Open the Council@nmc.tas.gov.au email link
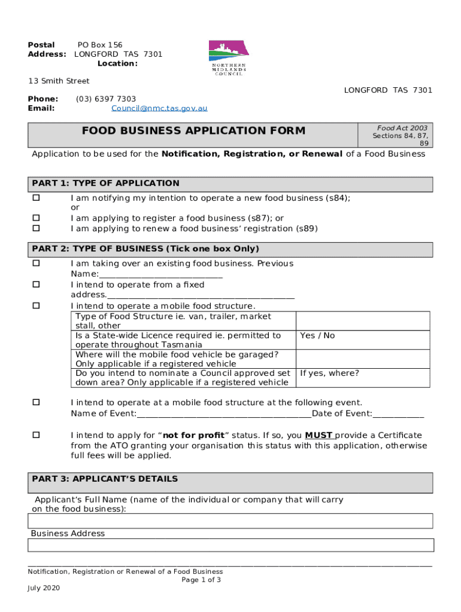pyautogui.click(x=159, y=108)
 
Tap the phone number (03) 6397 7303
pyautogui.click(x=106, y=99)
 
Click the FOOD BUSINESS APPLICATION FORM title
pyautogui.click(x=193, y=131)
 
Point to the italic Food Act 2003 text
pyautogui.click(x=402, y=128)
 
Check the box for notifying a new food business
pyautogui.click(x=36, y=198)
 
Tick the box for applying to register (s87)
pyautogui.click(x=36, y=218)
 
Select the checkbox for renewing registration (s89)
pyautogui.click(x=36, y=228)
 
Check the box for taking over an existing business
pyautogui.click(x=36, y=264)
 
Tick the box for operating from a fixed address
pyautogui.click(x=36, y=285)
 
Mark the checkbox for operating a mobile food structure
pyautogui.click(x=36, y=306)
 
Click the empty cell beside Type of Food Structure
pyautogui.click(x=363, y=321)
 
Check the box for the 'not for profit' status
pyautogui.click(x=36, y=435)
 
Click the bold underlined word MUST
pyautogui.click(x=319, y=435)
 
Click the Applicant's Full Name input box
pyautogui.click(x=230, y=521)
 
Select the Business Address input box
pyautogui.click(x=230, y=545)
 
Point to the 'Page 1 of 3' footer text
pyautogui.click(x=201, y=580)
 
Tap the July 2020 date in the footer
pyautogui.click(x=44, y=588)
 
